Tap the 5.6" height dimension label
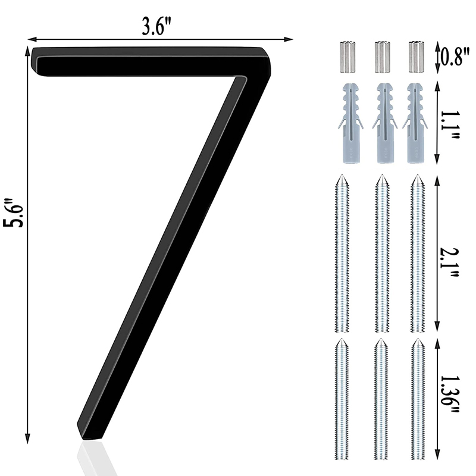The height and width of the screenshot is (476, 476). [x=13, y=213]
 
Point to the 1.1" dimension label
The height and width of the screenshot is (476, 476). [x=450, y=125]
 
